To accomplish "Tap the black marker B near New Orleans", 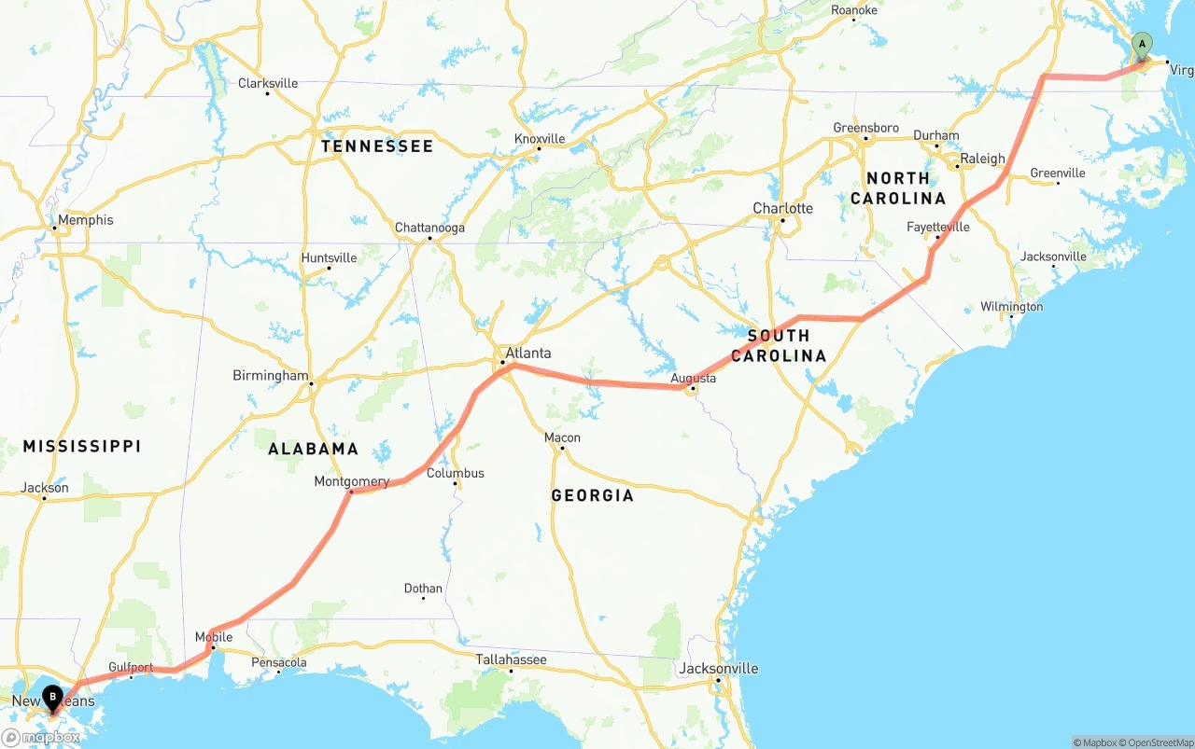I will [x=53, y=696].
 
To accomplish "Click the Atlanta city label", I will [x=527, y=354].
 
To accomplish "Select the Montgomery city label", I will [x=351, y=481].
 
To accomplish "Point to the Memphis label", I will [x=85, y=220].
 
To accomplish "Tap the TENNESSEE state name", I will [x=377, y=146].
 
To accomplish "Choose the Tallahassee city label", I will [x=511, y=659].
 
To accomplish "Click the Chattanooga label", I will [x=429, y=228].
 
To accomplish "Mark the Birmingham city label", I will [x=270, y=376].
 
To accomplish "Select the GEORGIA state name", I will [x=592, y=495].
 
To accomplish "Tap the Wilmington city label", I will [x=1011, y=307].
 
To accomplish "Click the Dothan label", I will [x=423, y=589].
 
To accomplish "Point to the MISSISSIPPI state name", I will [x=82, y=447].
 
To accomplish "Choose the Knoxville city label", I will [x=540, y=139].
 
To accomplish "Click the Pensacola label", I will [x=278, y=662].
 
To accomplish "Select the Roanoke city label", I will [x=853, y=10].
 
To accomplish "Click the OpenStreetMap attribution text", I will [x=1157, y=742].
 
